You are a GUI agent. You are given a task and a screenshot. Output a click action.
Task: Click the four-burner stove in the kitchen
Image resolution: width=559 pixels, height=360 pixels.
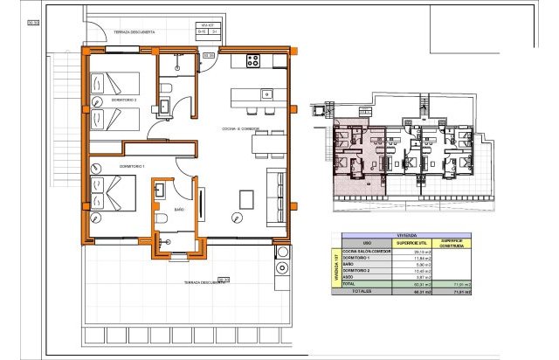pyautogui.click(x=254, y=61)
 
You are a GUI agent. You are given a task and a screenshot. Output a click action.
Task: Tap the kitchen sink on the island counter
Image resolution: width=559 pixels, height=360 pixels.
pyautogui.click(x=267, y=94)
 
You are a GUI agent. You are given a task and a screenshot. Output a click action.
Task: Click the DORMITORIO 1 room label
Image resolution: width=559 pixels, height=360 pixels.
pyautogui.click(x=107, y=164)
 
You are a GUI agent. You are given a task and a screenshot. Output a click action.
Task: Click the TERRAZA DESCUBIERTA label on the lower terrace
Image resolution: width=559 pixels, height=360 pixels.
pyautogui.click(x=204, y=283)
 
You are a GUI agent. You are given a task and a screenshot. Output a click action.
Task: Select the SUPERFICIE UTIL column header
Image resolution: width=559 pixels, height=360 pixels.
pyautogui.click(x=409, y=243)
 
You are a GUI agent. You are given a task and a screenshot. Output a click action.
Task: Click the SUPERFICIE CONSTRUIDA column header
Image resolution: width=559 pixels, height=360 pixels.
pyautogui.click(x=451, y=243)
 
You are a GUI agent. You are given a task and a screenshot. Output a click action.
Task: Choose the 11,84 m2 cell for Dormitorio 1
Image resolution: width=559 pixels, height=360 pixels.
pyautogui.click(x=409, y=260)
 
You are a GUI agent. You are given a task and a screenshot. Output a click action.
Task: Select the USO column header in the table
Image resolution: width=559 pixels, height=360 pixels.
pyautogui.click(x=367, y=243)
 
